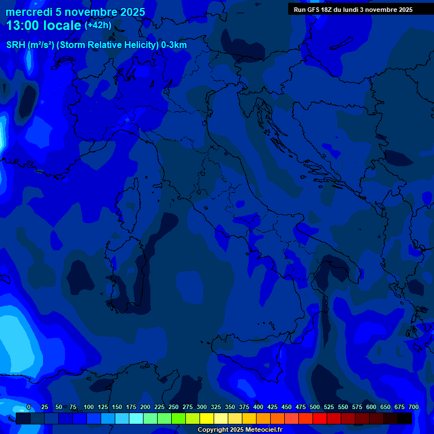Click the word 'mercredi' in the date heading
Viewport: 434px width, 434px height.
[x=29, y=12]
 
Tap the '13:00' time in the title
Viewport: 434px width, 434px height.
[x=21, y=25]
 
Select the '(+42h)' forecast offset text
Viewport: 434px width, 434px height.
[x=98, y=25]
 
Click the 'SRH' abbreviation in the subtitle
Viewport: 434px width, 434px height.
[x=15, y=45]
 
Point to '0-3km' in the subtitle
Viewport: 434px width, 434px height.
[x=173, y=45]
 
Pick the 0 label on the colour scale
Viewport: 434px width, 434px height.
[x=28, y=407]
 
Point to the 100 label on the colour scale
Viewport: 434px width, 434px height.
[x=88, y=407]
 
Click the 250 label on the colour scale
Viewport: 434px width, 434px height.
[x=173, y=407]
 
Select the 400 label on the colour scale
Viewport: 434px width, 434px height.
[x=258, y=407]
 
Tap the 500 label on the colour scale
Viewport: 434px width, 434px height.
[x=314, y=407]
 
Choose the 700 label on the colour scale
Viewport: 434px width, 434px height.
[x=413, y=407]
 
